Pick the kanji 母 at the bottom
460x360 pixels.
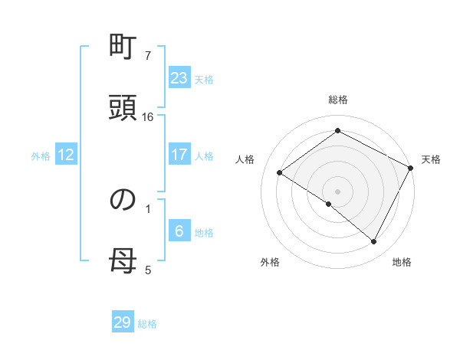(122, 260)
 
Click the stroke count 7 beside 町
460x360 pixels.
(148, 56)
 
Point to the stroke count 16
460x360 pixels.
(148, 116)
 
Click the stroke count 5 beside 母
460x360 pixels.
(148, 269)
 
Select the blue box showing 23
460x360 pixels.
(179, 77)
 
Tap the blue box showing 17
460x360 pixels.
(179, 155)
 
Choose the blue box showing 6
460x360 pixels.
(179, 231)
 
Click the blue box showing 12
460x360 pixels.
(66, 155)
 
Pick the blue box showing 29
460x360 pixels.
(123, 322)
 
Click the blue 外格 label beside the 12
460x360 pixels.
(41, 156)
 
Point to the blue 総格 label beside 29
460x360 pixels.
(147, 324)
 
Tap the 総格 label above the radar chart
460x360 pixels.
(338, 100)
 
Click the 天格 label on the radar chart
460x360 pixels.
(431, 159)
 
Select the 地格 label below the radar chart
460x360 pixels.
(402, 262)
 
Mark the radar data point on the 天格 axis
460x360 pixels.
(411, 168)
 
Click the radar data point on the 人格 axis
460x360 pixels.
(280, 173)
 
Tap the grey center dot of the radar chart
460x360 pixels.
(338, 191)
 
